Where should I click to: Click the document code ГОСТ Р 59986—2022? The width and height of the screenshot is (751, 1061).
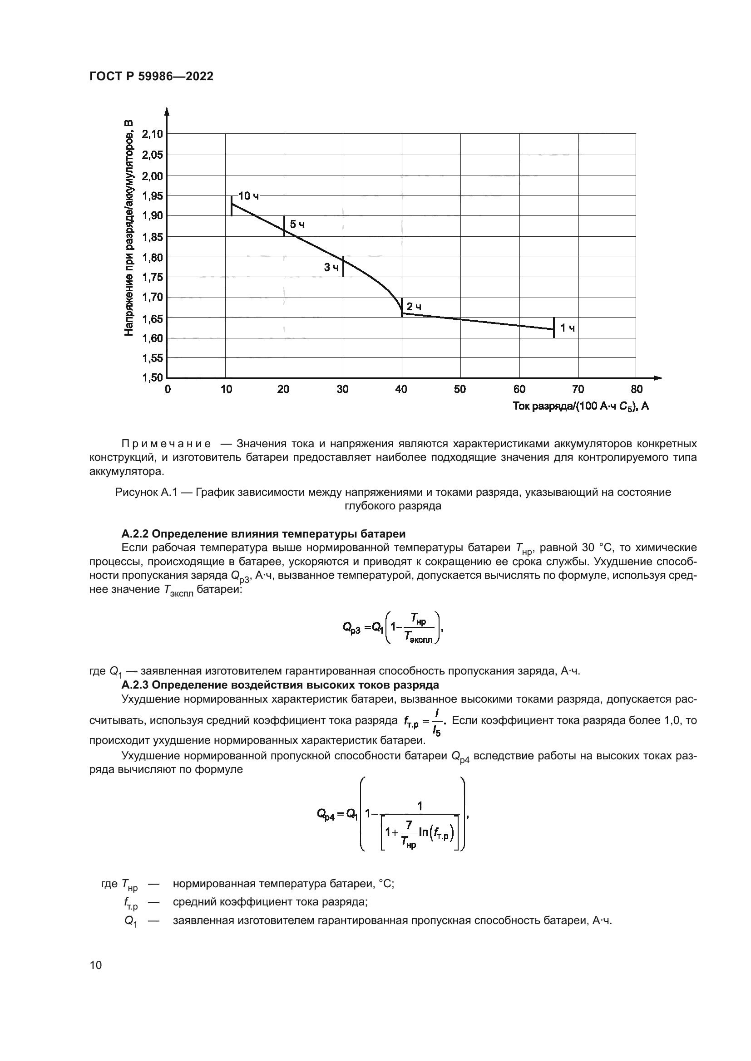pos(151,77)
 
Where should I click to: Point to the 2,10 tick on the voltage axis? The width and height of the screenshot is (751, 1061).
pos(152,134)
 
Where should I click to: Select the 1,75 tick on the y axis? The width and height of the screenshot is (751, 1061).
pos(152,277)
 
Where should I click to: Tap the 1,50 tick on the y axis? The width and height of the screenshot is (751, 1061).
pos(152,378)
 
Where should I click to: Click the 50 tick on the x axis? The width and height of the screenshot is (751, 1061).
pos(459,390)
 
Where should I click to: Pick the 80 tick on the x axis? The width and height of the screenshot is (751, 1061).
pos(636,390)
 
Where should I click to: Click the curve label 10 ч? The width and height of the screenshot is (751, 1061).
pos(248,196)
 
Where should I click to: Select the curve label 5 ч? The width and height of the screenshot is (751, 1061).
pos(297,225)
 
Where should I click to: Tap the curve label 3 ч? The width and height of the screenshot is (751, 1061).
pos(331,268)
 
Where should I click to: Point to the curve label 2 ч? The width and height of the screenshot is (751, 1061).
pos(414,307)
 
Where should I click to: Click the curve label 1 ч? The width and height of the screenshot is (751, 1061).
pos(568,328)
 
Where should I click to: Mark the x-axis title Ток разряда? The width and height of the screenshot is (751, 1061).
pos(580,406)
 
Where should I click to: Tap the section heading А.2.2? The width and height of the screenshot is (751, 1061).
pos(263,534)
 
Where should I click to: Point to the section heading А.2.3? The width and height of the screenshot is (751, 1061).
pos(280,685)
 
